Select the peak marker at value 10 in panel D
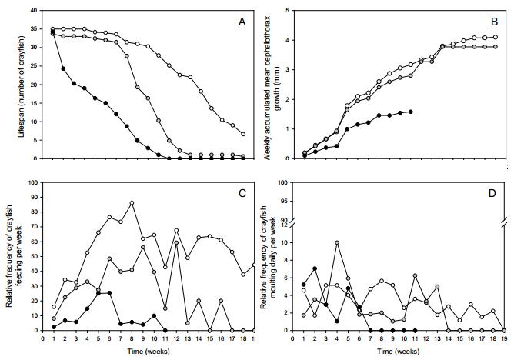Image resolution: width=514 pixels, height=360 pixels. click(x=336, y=242)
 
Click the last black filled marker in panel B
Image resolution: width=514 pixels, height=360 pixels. click(x=411, y=112)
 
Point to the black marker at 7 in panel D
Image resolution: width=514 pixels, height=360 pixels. click(x=315, y=268)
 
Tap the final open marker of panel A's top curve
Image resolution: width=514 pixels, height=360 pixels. click(x=243, y=134)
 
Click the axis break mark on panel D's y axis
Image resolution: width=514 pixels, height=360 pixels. click(x=293, y=222)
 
